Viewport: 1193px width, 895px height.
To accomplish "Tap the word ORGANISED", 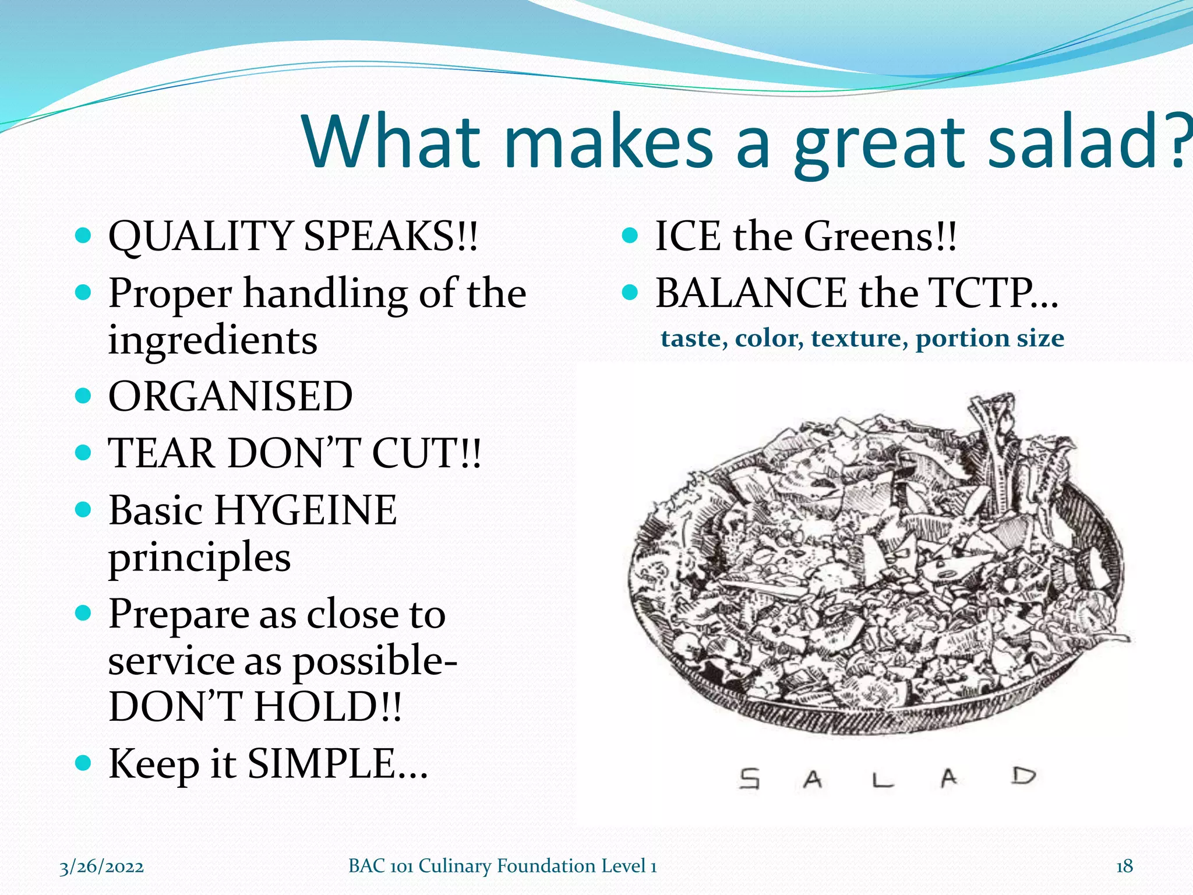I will [x=230, y=397].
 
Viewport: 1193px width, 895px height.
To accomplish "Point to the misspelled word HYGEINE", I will [x=305, y=510].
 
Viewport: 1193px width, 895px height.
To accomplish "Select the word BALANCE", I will [x=750, y=293].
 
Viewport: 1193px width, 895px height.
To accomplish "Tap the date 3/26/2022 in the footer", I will [x=102, y=867].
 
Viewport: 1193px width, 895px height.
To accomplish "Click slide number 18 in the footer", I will [x=1124, y=866].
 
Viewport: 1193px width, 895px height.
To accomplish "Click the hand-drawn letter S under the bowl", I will [x=750, y=778].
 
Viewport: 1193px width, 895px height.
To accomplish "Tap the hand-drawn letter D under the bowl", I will [x=1023, y=777].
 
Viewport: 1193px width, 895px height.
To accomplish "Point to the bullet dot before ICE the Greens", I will [x=630, y=235].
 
